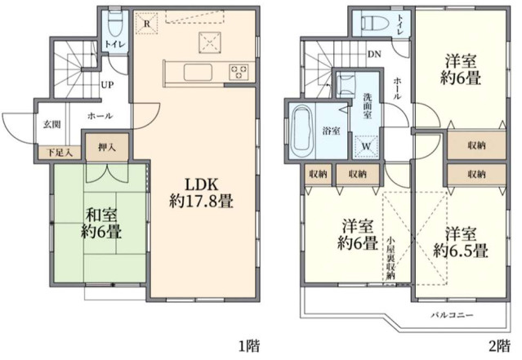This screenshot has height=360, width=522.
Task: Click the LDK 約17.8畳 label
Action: tap(200, 190)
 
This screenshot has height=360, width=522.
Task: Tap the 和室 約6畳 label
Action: tap(103, 223)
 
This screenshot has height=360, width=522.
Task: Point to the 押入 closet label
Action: tap(107, 149)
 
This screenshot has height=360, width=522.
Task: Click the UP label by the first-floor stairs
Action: tap(106, 84)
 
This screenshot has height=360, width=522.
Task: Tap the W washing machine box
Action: tap(364, 145)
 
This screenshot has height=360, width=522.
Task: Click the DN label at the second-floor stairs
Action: tap(374, 55)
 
